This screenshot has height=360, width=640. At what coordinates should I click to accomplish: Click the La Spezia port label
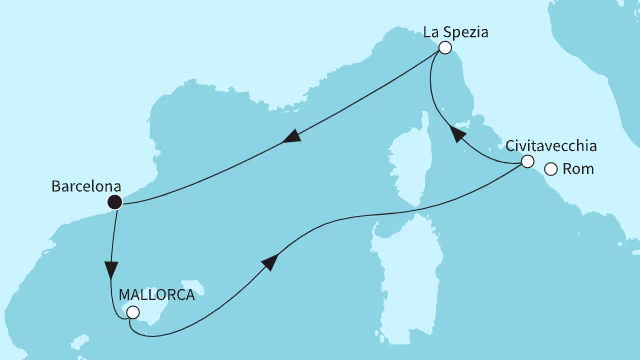[455, 30]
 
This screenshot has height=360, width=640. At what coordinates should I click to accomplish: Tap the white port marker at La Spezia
[445, 47]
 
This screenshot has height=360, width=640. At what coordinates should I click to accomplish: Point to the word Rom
[579, 169]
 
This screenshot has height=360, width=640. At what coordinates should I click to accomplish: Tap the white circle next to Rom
[551, 169]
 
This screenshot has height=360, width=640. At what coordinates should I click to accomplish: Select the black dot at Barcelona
[115, 202]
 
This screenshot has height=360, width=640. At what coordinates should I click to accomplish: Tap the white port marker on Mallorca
[132, 313]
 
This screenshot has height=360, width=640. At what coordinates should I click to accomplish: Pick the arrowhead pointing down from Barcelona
[111, 271]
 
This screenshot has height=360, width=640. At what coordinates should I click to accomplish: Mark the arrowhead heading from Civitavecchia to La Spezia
[455, 133]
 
